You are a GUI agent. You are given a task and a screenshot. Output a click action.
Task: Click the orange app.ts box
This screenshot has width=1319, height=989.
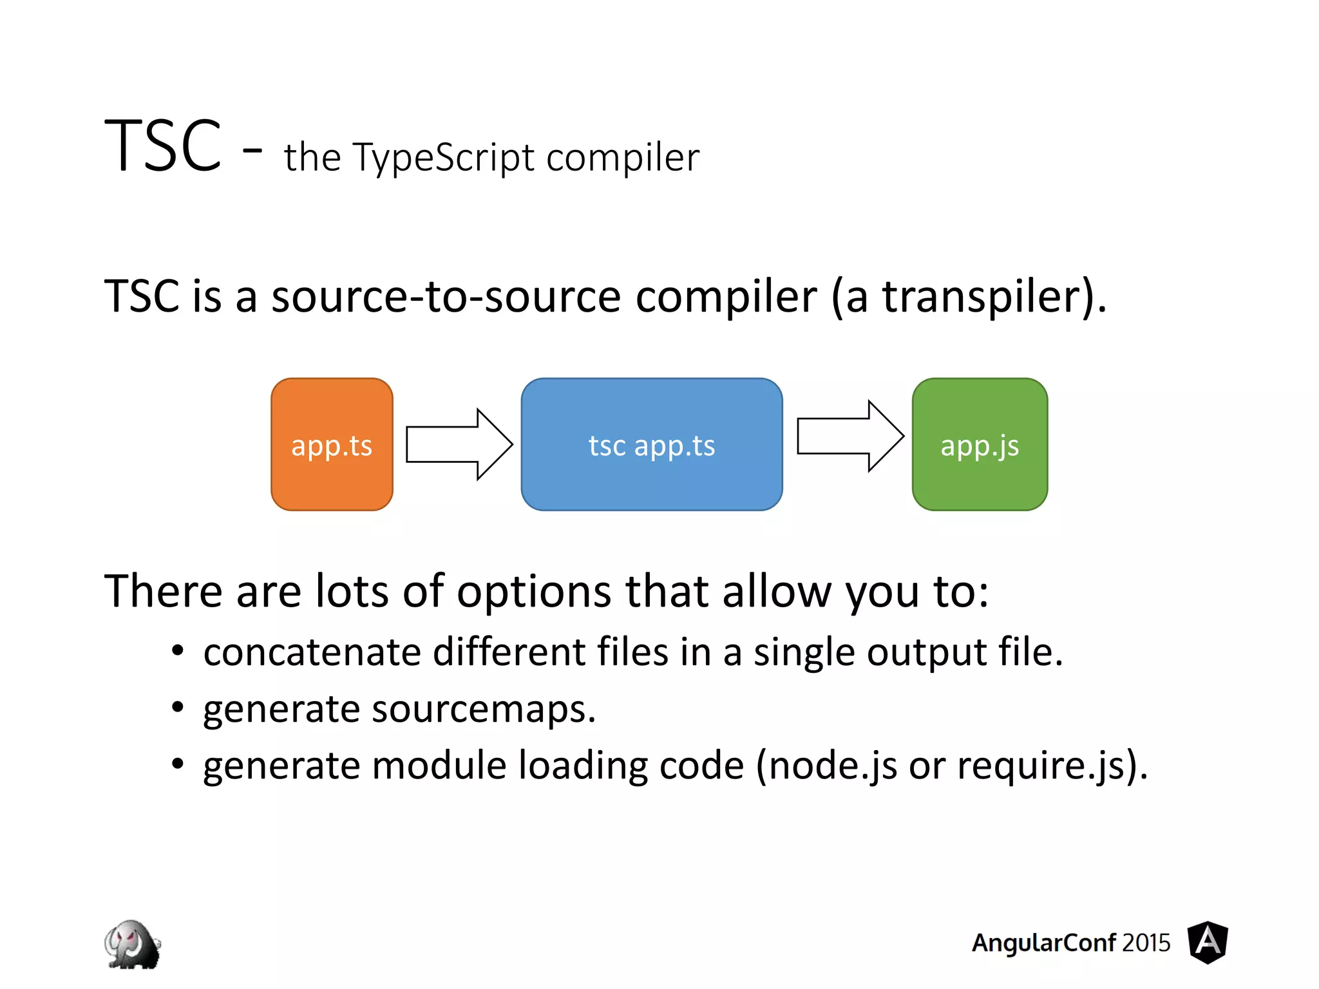332,444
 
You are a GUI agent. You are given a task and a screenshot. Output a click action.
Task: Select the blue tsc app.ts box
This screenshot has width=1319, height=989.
651,444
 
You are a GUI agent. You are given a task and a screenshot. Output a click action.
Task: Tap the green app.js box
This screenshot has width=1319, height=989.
979,444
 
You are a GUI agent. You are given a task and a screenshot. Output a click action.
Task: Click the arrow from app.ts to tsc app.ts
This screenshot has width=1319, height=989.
459,444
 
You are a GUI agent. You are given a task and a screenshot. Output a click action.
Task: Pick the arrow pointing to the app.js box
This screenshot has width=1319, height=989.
849,437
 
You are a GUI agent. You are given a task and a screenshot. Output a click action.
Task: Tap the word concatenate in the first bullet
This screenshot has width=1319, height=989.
312,652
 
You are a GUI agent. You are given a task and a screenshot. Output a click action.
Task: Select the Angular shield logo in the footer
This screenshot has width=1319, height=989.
1208,942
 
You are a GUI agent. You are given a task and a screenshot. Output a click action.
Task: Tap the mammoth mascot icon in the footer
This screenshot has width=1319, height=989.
132,944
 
